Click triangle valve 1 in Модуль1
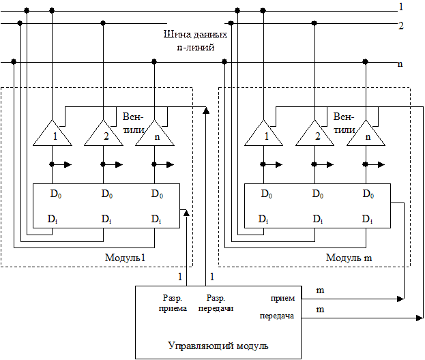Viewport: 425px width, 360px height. pyautogui.click(x=53, y=134)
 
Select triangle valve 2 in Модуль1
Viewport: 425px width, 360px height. pyautogui.click(x=104, y=134)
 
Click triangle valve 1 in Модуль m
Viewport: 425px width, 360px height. pyautogui.click(x=264, y=134)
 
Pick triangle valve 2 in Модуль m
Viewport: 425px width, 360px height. pyautogui.click(x=315, y=134)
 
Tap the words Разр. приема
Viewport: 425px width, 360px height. pyautogui.click(x=173, y=303)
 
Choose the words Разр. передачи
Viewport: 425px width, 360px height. pyautogui.click(x=216, y=303)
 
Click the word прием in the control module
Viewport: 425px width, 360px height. pyautogui.click(x=282, y=298)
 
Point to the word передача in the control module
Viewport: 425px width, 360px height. pyautogui.click(x=276, y=316)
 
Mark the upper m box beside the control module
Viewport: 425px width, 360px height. pyautogui.click(x=320, y=290)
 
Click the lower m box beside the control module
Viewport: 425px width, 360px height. pyautogui.click(x=320, y=310)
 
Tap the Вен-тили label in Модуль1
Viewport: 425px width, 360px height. pyautogui.click(x=132, y=122)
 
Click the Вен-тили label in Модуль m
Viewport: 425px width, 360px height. pyautogui.click(x=344, y=122)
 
